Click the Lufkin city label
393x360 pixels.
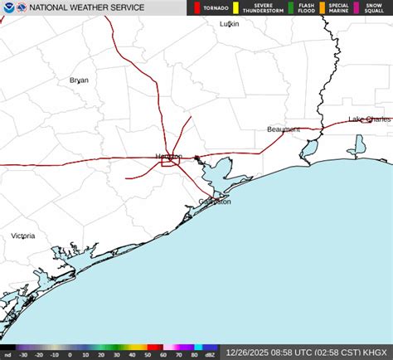click(x=229, y=24)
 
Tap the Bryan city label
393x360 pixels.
click(x=79, y=80)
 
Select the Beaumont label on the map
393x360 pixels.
click(x=284, y=129)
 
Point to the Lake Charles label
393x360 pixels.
click(x=370, y=119)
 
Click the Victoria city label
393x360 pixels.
click(x=22, y=236)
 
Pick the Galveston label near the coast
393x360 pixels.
click(x=215, y=202)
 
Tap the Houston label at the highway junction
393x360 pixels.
click(x=168, y=157)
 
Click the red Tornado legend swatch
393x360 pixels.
click(x=196, y=8)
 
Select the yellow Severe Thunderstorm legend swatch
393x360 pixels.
click(x=235, y=8)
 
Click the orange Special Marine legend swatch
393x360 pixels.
click(x=322, y=8)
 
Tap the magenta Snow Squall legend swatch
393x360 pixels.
click(x=357, y=8)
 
